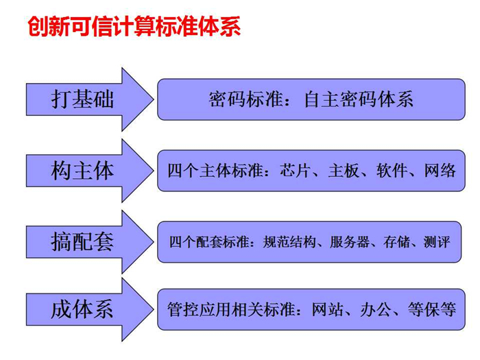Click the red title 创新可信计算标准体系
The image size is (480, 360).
[x=134, y=26]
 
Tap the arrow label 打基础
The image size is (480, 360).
[x=82, y=99]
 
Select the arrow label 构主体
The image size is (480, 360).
[x=82, y=171]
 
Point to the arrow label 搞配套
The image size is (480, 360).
[x=82, y=242]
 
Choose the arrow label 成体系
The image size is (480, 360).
[x=82, y=309]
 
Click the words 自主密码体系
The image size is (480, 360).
[x=359, y=99]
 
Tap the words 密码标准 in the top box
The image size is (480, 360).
[x=245, y=99]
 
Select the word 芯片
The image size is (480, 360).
[x=295, y=171]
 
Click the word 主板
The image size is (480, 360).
[x=344, y=171]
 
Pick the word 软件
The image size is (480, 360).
[x=392, y=171]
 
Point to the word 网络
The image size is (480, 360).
[x=440, y=171]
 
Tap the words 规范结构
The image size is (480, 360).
[x=289, y=242]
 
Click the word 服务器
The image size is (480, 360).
[x=350, y=242]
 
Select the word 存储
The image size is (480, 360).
[x=397, y=242]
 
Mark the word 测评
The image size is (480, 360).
[x=437, y=242]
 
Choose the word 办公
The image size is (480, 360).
[x=376, y=309]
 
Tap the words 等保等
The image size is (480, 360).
[x=432, y=309]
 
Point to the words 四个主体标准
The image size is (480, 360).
[x=215, y=171]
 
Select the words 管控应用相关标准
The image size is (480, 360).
[x=231, y=309]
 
